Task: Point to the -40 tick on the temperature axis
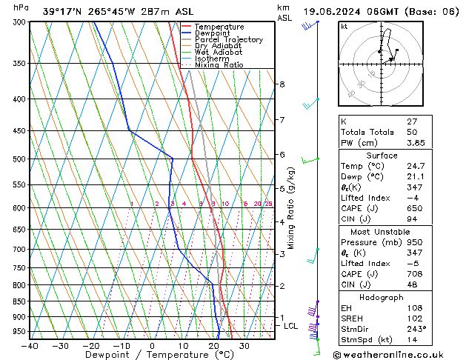pos(30,345)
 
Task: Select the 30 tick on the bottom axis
pos(244,345)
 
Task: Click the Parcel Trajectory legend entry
pos(228,40)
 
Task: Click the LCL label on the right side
pos(290,326)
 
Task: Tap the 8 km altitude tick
pos(282,84)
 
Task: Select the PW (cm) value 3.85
pos(414,143)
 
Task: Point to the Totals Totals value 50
pos(412,132)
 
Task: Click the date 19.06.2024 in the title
pos(336,11)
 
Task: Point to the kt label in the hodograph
pos(344,26)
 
